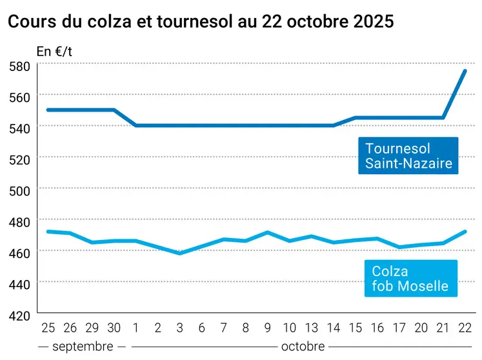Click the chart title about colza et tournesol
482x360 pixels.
(200, 21)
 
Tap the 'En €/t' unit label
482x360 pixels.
(55, 52)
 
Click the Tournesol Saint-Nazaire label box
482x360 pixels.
(408, 155)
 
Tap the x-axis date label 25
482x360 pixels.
(48, 328)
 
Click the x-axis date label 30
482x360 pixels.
(114, 328)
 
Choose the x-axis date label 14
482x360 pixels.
(333, 328)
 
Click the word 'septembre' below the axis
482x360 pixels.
(83, 346)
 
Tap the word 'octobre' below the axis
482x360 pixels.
(303, 346)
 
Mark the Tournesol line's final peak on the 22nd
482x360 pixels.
(465, 71)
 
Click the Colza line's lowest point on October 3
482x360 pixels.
(180, 254)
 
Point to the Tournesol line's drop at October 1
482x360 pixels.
(136, 125)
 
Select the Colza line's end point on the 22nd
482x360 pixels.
(465, 232)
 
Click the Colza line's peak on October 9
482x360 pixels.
(267, 232)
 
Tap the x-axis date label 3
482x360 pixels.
(180, 328)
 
